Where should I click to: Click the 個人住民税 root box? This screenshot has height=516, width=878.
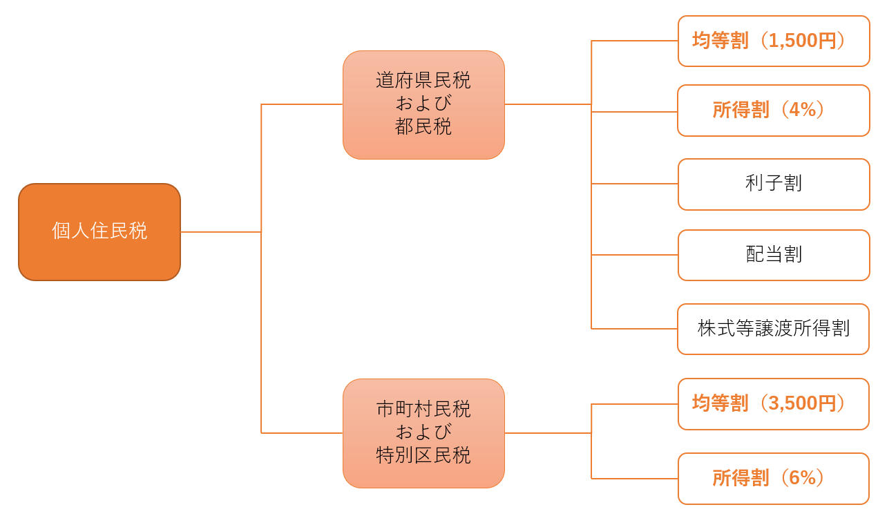tap(99, 232)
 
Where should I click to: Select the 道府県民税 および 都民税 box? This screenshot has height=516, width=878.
tap(423, 105)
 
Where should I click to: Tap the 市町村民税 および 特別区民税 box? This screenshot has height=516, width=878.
tap(423, 433)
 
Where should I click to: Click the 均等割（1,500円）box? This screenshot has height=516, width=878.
tap(774, 41)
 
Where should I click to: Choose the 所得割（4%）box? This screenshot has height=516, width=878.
tap(774, 111)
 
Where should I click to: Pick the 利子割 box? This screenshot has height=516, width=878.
tap(774, 184)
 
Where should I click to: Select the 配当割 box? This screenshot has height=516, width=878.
tap(774, 256)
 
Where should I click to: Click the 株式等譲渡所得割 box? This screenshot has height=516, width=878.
tap(773, 329)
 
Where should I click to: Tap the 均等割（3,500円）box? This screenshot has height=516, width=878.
tap(774, 404)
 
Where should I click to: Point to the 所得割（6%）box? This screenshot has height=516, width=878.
tap(774, 479)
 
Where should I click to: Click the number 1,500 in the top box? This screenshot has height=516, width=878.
tap(793, 41)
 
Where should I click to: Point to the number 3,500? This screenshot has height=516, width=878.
tap(793, 403)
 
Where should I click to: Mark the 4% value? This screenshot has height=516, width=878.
tap(803, 110)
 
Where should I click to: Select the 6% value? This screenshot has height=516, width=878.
tap(803, 478)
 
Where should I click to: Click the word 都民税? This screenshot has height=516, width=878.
tap(423, 127)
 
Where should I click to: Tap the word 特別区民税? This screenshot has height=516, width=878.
tap(423, 456)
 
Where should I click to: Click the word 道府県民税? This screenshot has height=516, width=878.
tap(423, 81)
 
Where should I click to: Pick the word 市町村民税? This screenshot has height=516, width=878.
tap(423, 410)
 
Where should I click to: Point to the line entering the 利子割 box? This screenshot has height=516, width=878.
tap(634, 184)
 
